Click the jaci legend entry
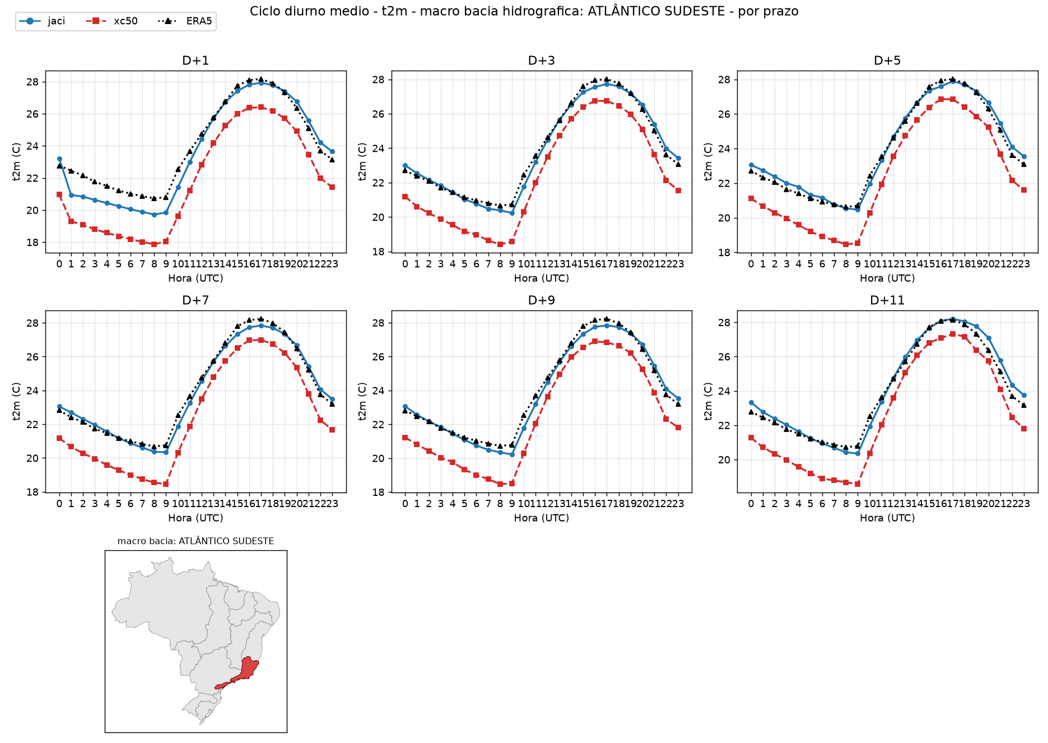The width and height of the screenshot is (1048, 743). pyautogui.click(x=42, y=21)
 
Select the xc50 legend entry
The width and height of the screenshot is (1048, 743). pyautogui.click(x=111, y=21)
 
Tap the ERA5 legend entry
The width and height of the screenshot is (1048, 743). pyautogui.click(x=185, y=21)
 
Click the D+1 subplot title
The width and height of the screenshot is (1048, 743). pyautogui.click(x=195, y=61)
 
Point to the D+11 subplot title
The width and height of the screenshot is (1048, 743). pyautogui.click(x=887, y=300)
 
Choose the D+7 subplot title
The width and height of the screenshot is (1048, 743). pyautogui.click(x=195, y=300)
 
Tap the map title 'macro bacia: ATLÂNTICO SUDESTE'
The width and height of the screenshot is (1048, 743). pyautogui.click(x=195, y=541)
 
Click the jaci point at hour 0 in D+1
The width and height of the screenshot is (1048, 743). pyautogui.click(x=59, y=159)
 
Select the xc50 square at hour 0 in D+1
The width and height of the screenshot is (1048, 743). pyautogui.click(x=59, y=194)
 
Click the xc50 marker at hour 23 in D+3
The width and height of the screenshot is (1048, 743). pyautogui.click(x=678, y=191)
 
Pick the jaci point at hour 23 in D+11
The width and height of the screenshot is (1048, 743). pyautogui.click(x=1024, y=395)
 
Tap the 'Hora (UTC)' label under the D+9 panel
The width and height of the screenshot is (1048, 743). pyautogui.click(x=542, y=518)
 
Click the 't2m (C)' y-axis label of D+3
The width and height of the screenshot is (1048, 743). pyautogui.click(x=362, y=161)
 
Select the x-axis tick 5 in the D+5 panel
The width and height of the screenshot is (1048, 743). pyautogui.click(x=811, y=264)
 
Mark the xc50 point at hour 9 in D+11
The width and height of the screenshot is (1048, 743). pyautogui.click(x=858, y=484)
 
